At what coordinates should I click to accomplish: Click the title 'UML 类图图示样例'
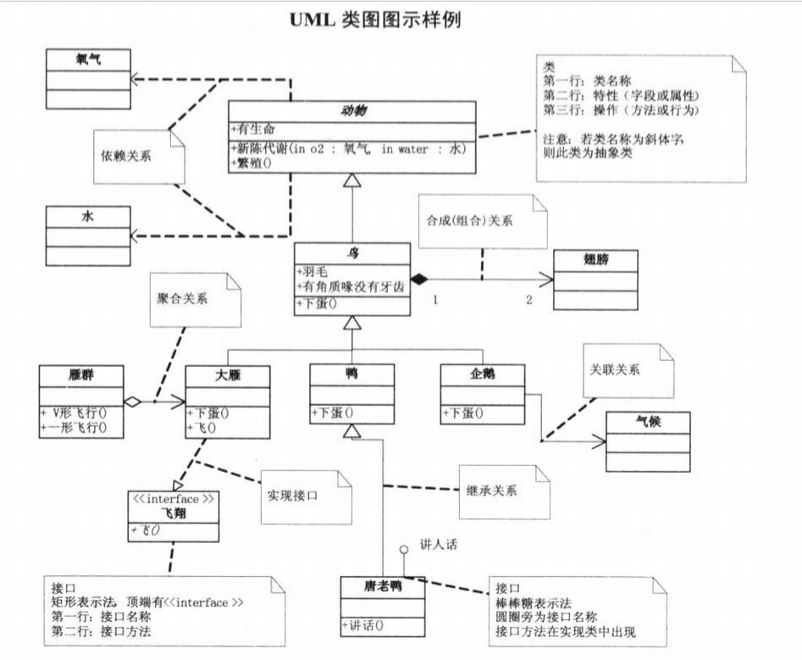(x=375, y=19)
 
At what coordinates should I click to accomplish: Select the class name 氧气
(x=89, y=59)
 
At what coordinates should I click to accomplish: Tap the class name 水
(x=87, y=216)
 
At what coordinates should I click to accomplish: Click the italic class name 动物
(x=351, y=112)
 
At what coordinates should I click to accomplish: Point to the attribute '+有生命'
(x=253, y=129)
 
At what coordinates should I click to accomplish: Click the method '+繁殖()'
(x=252, y=163)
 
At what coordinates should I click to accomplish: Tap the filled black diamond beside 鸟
(x=417, y=279)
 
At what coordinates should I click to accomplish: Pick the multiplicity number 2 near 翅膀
(x=528, y=300)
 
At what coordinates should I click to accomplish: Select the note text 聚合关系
(x=183, y=298)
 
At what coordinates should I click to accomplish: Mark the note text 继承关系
(x=492, y=490)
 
